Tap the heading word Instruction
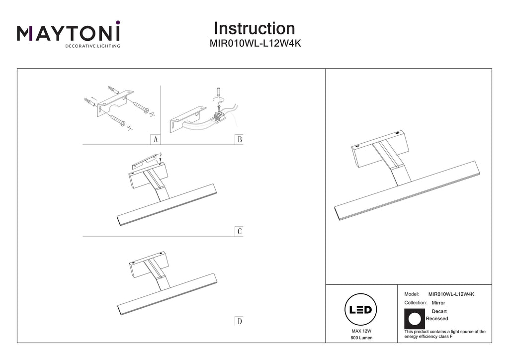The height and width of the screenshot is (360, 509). [254, 28]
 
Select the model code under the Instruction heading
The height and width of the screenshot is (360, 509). [255, 43]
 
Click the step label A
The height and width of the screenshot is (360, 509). [156, 140]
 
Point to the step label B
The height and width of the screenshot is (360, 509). [240, 140]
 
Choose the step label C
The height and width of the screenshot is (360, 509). [240, 231]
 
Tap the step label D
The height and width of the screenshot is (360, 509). [240, 321]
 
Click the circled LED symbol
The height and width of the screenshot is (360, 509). [361, 310]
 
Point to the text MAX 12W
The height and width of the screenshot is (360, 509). [361, 331]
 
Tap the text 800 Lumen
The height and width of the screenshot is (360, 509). [361, 338]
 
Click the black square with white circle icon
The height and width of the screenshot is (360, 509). [415, 319]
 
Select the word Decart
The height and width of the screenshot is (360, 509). [439, 311]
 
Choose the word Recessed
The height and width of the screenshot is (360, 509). [437, 319]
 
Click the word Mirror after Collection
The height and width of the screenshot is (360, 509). [438, 303]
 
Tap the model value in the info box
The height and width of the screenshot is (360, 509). [451, 294]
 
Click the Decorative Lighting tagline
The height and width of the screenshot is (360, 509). [93, 46]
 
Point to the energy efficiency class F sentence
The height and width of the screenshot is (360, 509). [445, 334]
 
